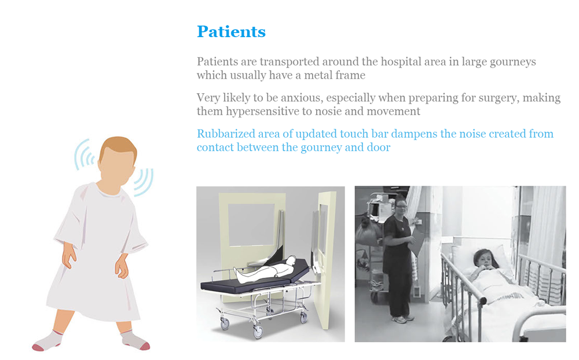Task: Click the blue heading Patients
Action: [231, 32]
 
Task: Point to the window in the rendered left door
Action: [251, 225]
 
